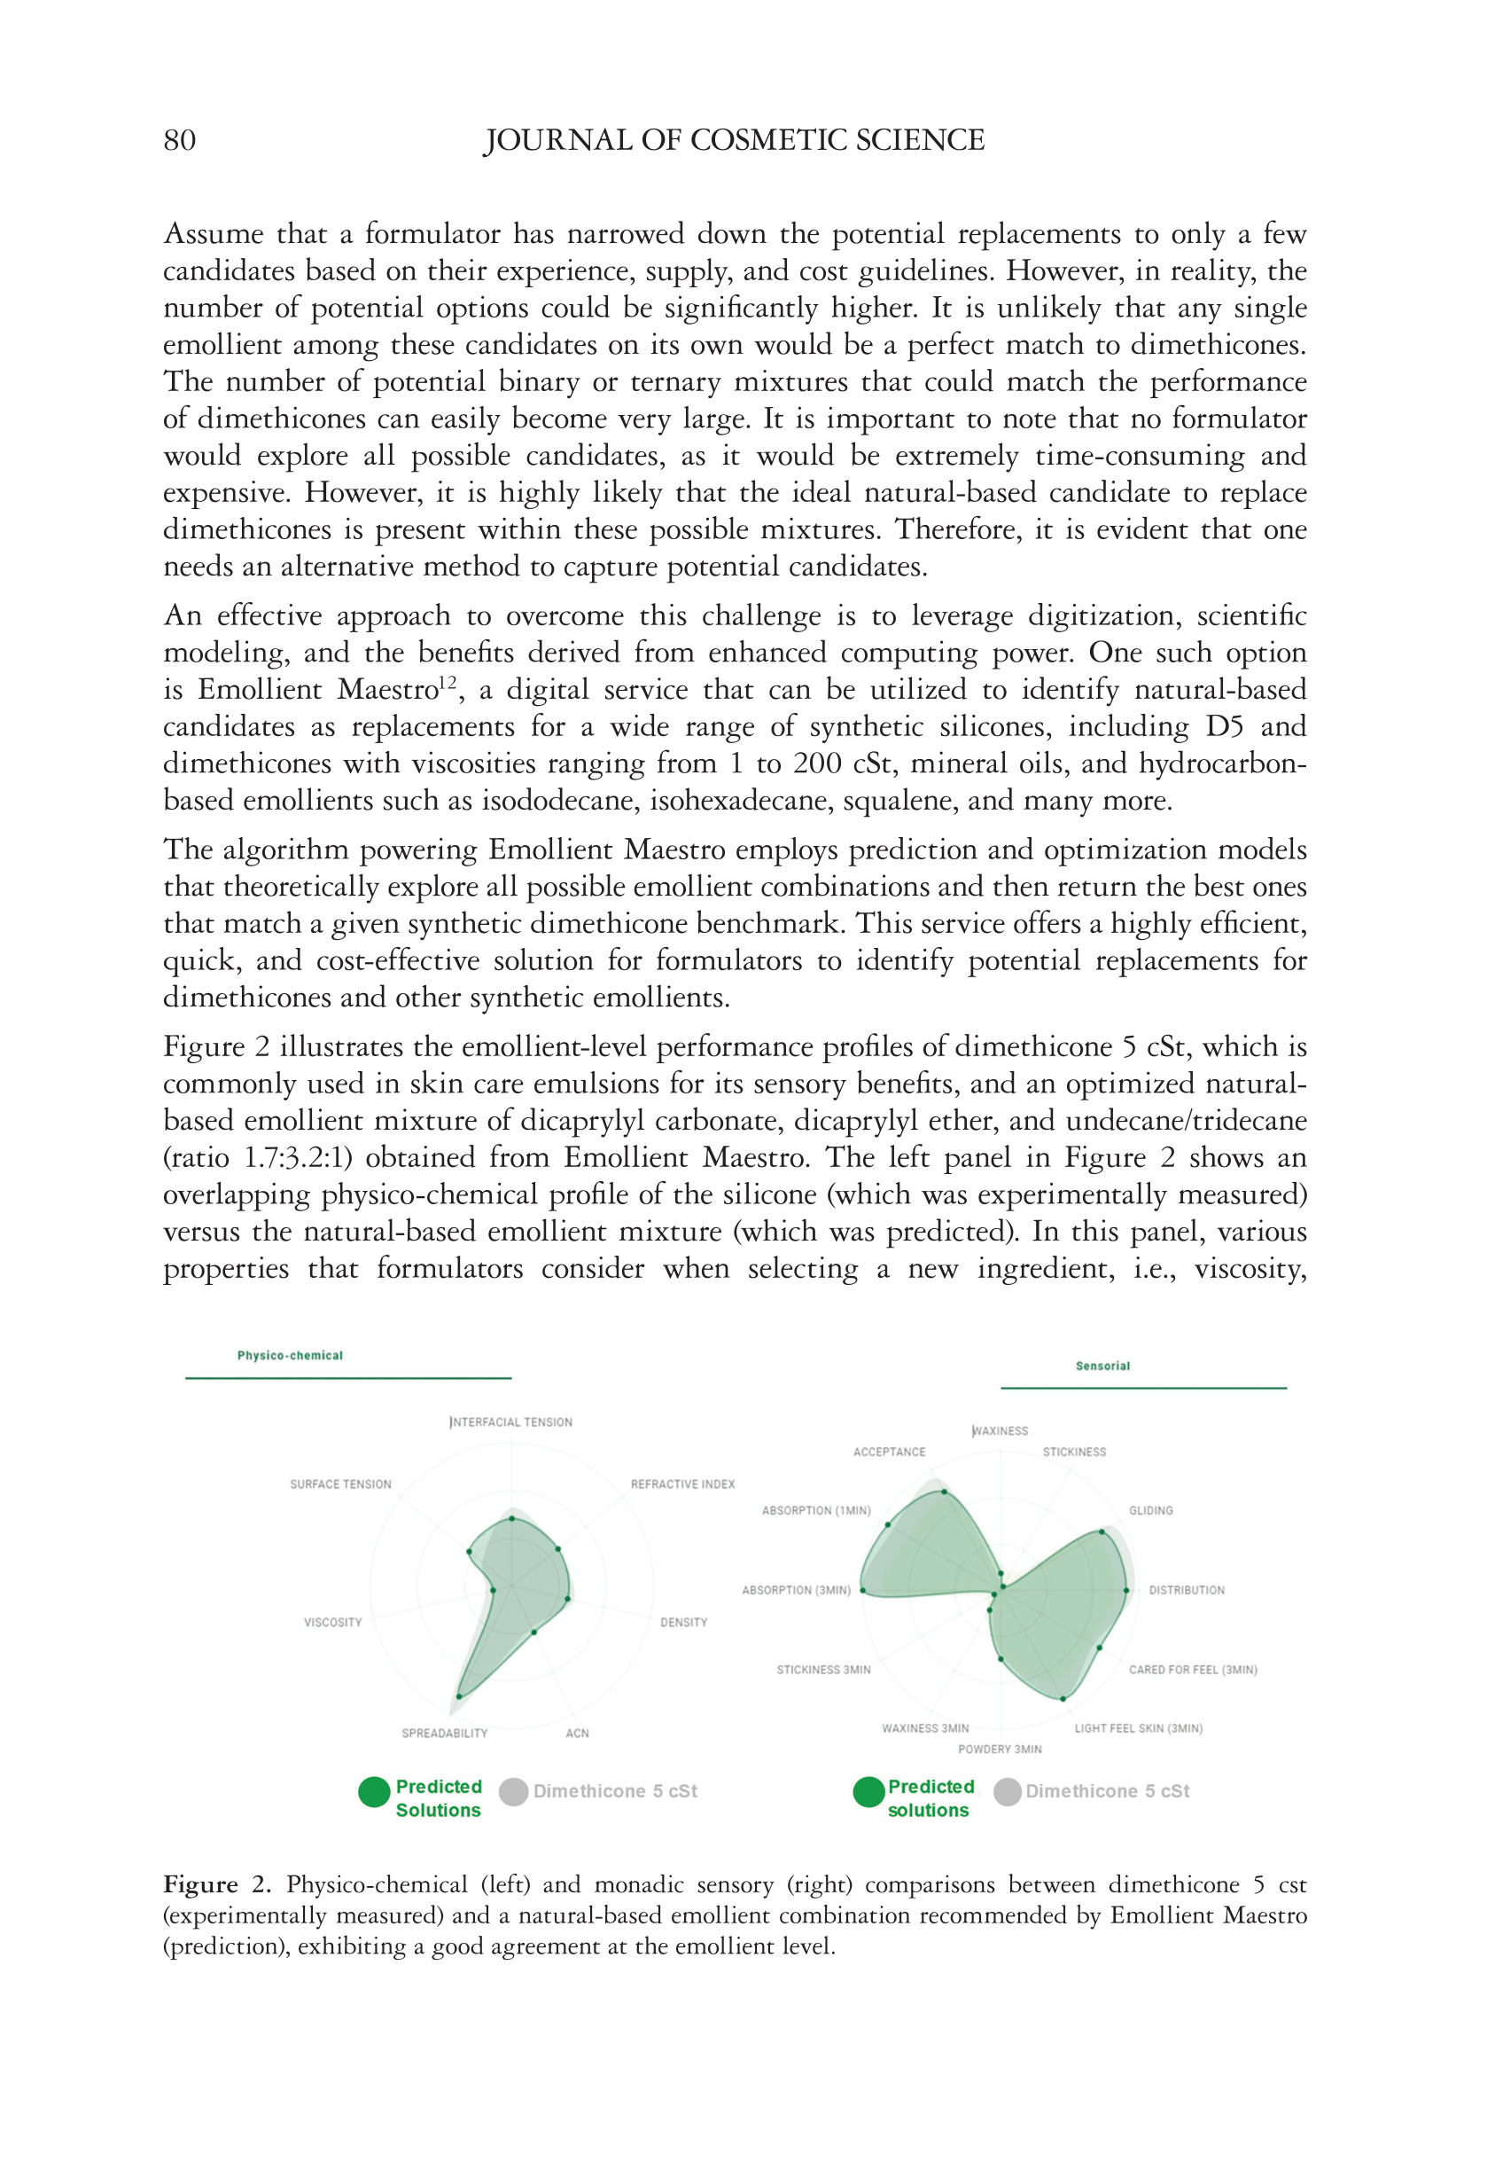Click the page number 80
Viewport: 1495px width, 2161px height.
[179, 141]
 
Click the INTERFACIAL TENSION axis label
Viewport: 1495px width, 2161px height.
[511, 1421]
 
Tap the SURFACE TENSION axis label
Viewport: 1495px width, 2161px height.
[340, 1484]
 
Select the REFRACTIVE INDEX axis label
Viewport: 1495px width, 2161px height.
[682, 1484]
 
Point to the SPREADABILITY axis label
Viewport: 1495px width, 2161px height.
[444, 1733]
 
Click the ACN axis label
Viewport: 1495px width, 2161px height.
[577, 1733]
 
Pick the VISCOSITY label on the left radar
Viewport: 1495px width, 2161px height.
[332, 1622]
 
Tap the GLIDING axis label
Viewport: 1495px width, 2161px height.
[1150, 1510]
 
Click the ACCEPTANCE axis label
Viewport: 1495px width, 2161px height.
[889, 1452]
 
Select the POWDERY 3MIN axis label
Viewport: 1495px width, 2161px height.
[1000, 1749]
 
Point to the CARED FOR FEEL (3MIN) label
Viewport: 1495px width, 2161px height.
[1193, 1669]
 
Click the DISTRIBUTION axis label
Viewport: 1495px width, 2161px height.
[1186, 1589]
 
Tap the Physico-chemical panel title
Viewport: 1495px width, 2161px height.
[290, 1355]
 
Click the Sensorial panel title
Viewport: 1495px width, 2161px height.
[1102, 1366]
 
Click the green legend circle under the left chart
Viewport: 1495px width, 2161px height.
[374, 1791]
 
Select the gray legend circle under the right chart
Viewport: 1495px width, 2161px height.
[1007, 1791]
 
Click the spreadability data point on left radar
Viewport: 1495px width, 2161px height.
[459, 1696]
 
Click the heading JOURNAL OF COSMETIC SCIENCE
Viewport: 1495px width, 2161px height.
[734, 141]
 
